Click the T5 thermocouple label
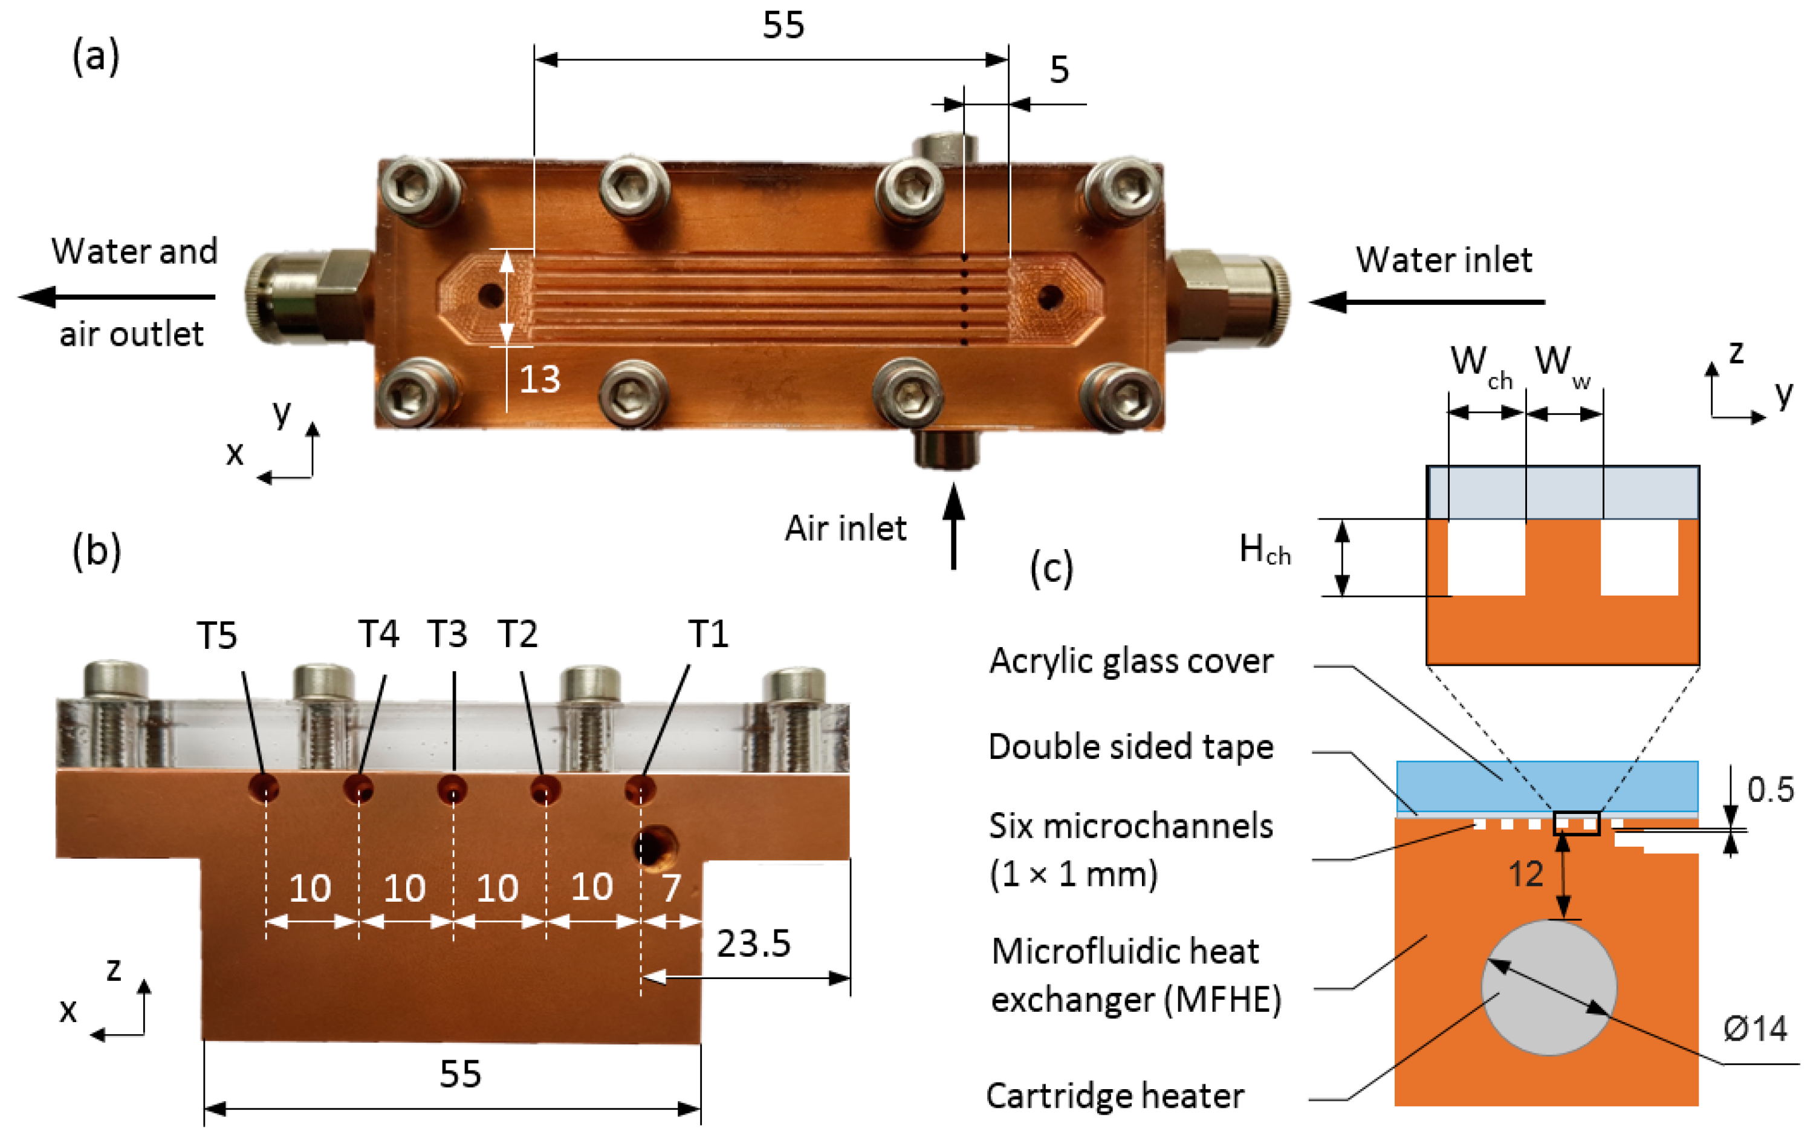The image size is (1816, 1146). click(x=216, y=635)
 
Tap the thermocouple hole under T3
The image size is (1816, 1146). click(x=453, y=789)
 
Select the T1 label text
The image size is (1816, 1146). click(x=708, y=634)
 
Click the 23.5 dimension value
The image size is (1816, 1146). click(x=753, y=943)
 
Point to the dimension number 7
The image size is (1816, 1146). click(x=671, y=888)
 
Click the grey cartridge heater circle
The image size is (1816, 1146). click(x=1548, y=987)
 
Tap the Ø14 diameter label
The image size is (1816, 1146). click(x=1754, y=1028)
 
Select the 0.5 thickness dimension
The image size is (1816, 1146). click(x=1770, y=790)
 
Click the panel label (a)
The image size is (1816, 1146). click(x=95, y=57)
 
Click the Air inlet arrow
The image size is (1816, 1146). click(x=953, y=526)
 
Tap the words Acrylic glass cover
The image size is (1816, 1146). click(x=1130, y=661)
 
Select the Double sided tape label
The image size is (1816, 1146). click(x=1130, y=747)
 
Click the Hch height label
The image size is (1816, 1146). click(x=1264, y=549)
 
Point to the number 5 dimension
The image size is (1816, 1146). click(x=1059, y=70)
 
